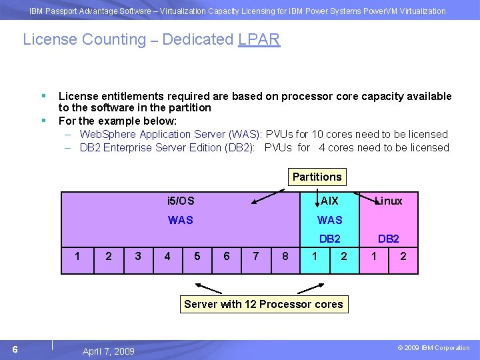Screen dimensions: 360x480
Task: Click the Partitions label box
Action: click(317, 177)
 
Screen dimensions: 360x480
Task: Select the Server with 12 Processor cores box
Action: click(263, 304)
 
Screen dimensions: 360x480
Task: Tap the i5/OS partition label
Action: click(181, 201)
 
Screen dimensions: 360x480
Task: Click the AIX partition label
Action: click(329, 201)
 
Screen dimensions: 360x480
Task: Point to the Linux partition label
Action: click(389, 201)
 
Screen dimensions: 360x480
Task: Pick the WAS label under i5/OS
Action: click(181, 220)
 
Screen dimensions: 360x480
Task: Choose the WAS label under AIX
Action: click(329, 220)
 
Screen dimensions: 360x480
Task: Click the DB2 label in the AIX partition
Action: click(329, 239)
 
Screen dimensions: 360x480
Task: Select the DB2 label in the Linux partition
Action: click(389, 239)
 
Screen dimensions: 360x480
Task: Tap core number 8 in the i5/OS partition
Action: click(285, 257)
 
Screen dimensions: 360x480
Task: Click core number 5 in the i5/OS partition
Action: click(197, 257)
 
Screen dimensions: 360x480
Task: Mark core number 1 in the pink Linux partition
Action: click(374, 257)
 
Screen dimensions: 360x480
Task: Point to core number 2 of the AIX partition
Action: click(344, 257)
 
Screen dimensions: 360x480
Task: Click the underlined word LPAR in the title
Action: click(259, 39)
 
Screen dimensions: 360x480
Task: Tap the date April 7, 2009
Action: click(108, 351)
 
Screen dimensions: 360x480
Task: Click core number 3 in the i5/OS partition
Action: click(138, 257)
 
